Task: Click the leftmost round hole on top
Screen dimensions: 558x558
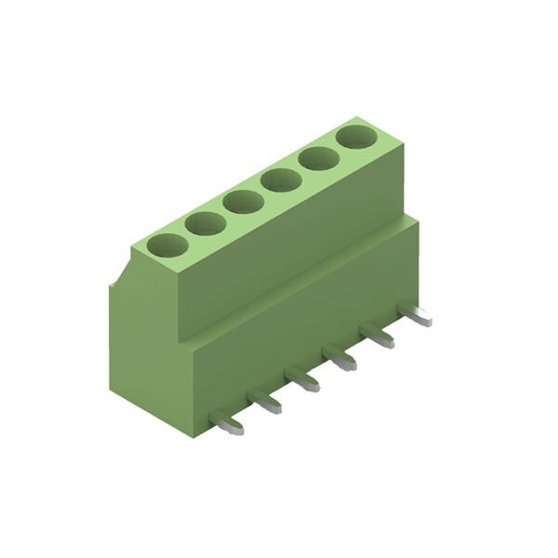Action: tap(167, 246)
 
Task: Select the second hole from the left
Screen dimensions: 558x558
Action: tap(206, 223)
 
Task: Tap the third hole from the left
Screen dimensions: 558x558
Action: tap(244, 201)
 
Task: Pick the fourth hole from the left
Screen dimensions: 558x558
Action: tap(281, 179)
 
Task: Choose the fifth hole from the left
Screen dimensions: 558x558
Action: tap(318, 158)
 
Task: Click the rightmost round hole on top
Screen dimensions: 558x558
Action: tap(357, 137)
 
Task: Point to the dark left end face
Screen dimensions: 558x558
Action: tap(149, 353)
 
